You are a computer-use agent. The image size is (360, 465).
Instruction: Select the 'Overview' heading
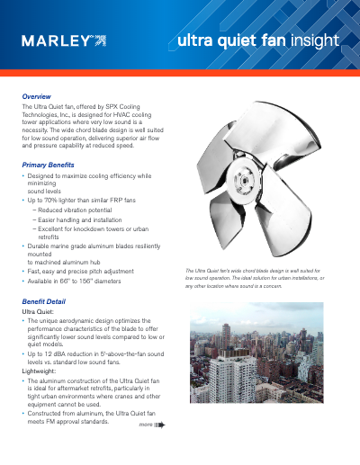tap(36, 95)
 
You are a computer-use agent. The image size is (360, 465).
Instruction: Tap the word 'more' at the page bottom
tap(146, 422)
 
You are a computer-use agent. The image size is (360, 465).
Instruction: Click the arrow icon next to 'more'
tap(160, 423)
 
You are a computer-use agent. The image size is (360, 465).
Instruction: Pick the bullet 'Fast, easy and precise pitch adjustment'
tap(83, 271)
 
